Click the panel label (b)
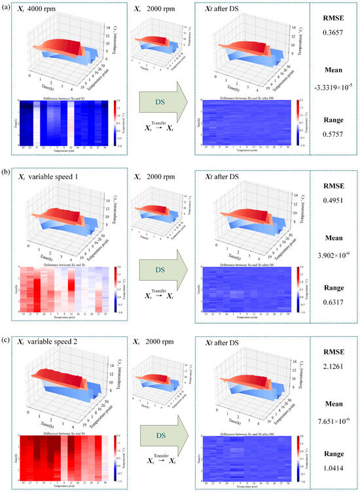pyautogui.click(x=5, y=169)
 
